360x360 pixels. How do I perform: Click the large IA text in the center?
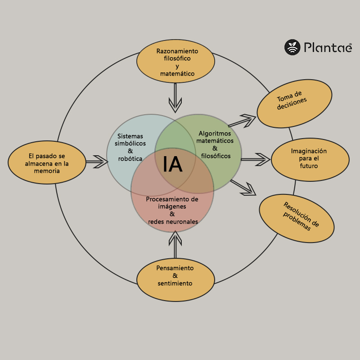[x=172, y=164]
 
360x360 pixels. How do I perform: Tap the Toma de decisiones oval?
[x=294, y=103]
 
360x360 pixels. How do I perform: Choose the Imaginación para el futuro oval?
[x=310, y=159]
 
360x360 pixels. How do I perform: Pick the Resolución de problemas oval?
[x=297, y=218]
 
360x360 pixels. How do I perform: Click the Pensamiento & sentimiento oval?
[x=175, y=276]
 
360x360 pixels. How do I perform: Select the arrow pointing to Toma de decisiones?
[x=242, y=121]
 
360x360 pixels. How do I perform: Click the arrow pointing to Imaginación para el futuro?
[x=255, y=159]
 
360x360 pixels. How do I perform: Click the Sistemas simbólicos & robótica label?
[x=130, y=147]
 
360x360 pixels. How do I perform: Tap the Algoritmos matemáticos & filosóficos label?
[x=215, y=144]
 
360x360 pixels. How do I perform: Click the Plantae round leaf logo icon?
[x=292, y=47]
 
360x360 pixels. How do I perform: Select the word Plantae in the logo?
[x=327, y=47]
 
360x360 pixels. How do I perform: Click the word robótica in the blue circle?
[x=130, y=159]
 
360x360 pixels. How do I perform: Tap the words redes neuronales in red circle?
[x=173, y=222]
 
